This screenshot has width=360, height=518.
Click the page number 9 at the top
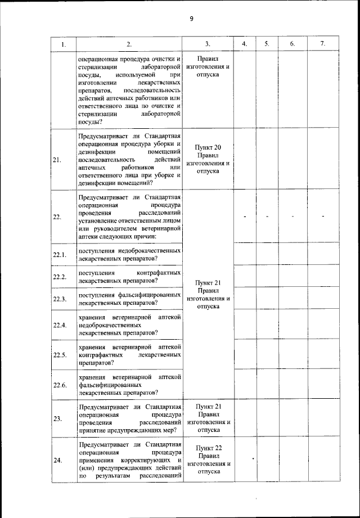click(191, 19)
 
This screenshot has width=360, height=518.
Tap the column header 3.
click(208, 44)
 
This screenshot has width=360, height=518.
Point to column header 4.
click(244, 44)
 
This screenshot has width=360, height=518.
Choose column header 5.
click(267, 44)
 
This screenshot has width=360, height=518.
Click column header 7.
click(322, 44)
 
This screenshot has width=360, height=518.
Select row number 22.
click(57, 217)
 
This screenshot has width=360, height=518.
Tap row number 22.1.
click(60, 255)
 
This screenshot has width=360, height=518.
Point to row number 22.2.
click(60, 277)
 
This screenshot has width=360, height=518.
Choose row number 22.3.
click(60, 299)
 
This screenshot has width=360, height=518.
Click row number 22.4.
click(60, 325)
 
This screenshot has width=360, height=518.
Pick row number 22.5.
click(60, 355)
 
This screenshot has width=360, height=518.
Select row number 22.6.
click(60, 386)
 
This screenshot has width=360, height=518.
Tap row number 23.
click(57, 418)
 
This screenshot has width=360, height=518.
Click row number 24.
click(57, 460)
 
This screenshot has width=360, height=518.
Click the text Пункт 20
click(208, 147)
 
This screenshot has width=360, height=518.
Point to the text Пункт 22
click(208, 448)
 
